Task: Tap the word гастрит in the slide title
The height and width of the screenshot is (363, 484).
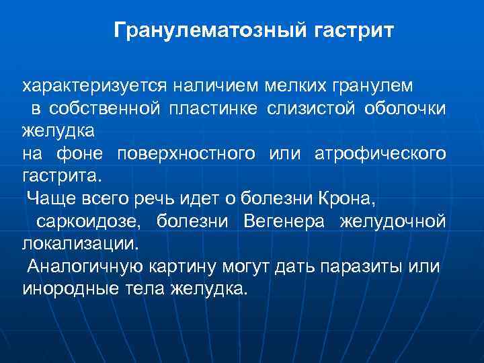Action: [354, 30]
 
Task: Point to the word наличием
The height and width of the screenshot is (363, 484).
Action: [214, 87]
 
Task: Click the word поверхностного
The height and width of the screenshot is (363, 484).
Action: [186, 154]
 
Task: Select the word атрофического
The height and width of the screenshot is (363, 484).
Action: [380, 154]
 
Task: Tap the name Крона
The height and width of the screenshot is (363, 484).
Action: [350, 199]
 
